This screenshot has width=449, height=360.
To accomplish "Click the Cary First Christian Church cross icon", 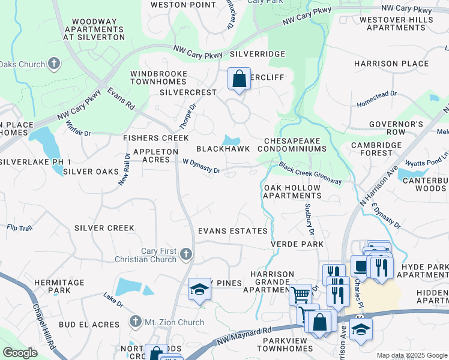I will pyautogui.click(x=186, y=255).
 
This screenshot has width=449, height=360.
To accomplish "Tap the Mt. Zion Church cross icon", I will pyautogui.click(x=137, y=322).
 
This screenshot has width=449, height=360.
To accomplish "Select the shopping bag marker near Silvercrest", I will pyautogui.click(x=239, y=79).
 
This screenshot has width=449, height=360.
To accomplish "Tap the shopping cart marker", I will pyautogui.click(x=300, y=295).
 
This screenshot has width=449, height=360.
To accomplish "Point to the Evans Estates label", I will pyautogui.click(x=233, y=231).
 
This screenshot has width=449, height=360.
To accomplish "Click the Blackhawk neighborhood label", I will pyautogui.click(x=223, y=149).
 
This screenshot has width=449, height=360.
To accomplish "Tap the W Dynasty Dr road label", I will pyautogui.click(x=202, y=166).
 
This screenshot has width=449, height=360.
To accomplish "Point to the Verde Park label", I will pyautogui.click(x=297, y=244).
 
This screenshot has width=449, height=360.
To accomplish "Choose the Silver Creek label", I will pyautogui.click(x=104, y=228).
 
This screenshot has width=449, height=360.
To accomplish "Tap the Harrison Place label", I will pyautogui.click(x=391, y=63).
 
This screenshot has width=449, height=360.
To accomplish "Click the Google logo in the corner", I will pyautogui.click(x=20, y=352).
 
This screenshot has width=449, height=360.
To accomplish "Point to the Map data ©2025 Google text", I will pyautogui.click(x=411, y=355).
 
